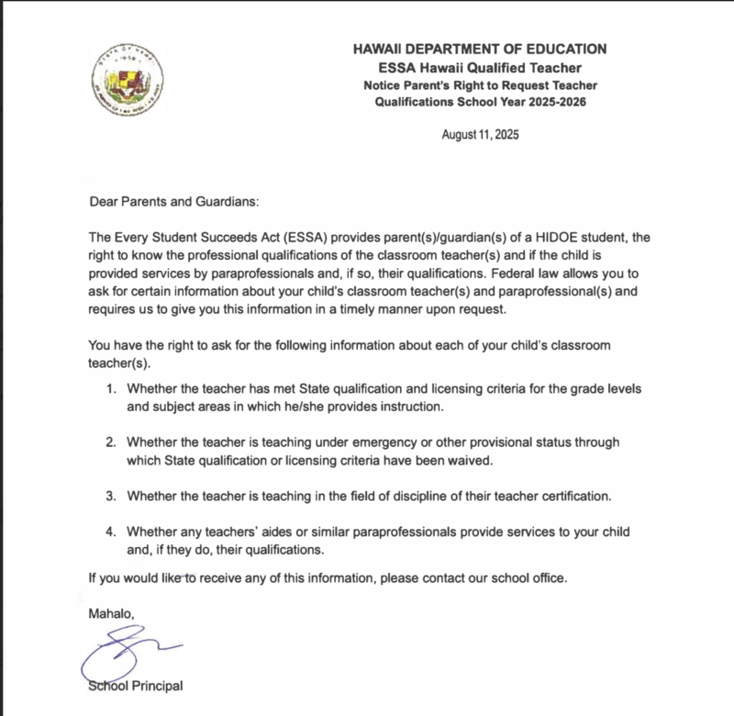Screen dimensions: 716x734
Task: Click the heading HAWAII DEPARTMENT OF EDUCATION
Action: coord(480,50)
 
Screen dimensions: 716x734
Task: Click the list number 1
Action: coord(111,388)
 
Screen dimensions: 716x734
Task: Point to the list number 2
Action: coord(111,442)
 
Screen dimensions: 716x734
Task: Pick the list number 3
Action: coord(111,497)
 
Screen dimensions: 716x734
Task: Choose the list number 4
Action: coord(111,532)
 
